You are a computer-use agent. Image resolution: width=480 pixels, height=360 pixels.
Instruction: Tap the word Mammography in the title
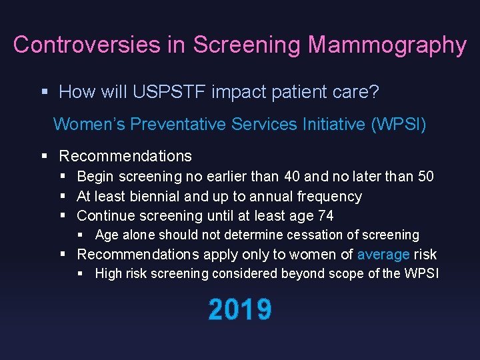click(387, 45)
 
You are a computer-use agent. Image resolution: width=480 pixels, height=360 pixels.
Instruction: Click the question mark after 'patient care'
click(374, 92)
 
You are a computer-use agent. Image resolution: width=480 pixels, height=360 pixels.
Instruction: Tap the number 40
click(291, 177)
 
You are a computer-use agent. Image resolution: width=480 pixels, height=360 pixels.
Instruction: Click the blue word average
click(383, 255)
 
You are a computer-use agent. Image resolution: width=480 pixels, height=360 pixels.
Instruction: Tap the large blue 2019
click(240, 310)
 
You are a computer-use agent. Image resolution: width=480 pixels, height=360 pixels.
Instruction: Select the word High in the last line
click(109, 274)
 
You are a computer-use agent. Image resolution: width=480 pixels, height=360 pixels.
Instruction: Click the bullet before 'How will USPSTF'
click(45, 92)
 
